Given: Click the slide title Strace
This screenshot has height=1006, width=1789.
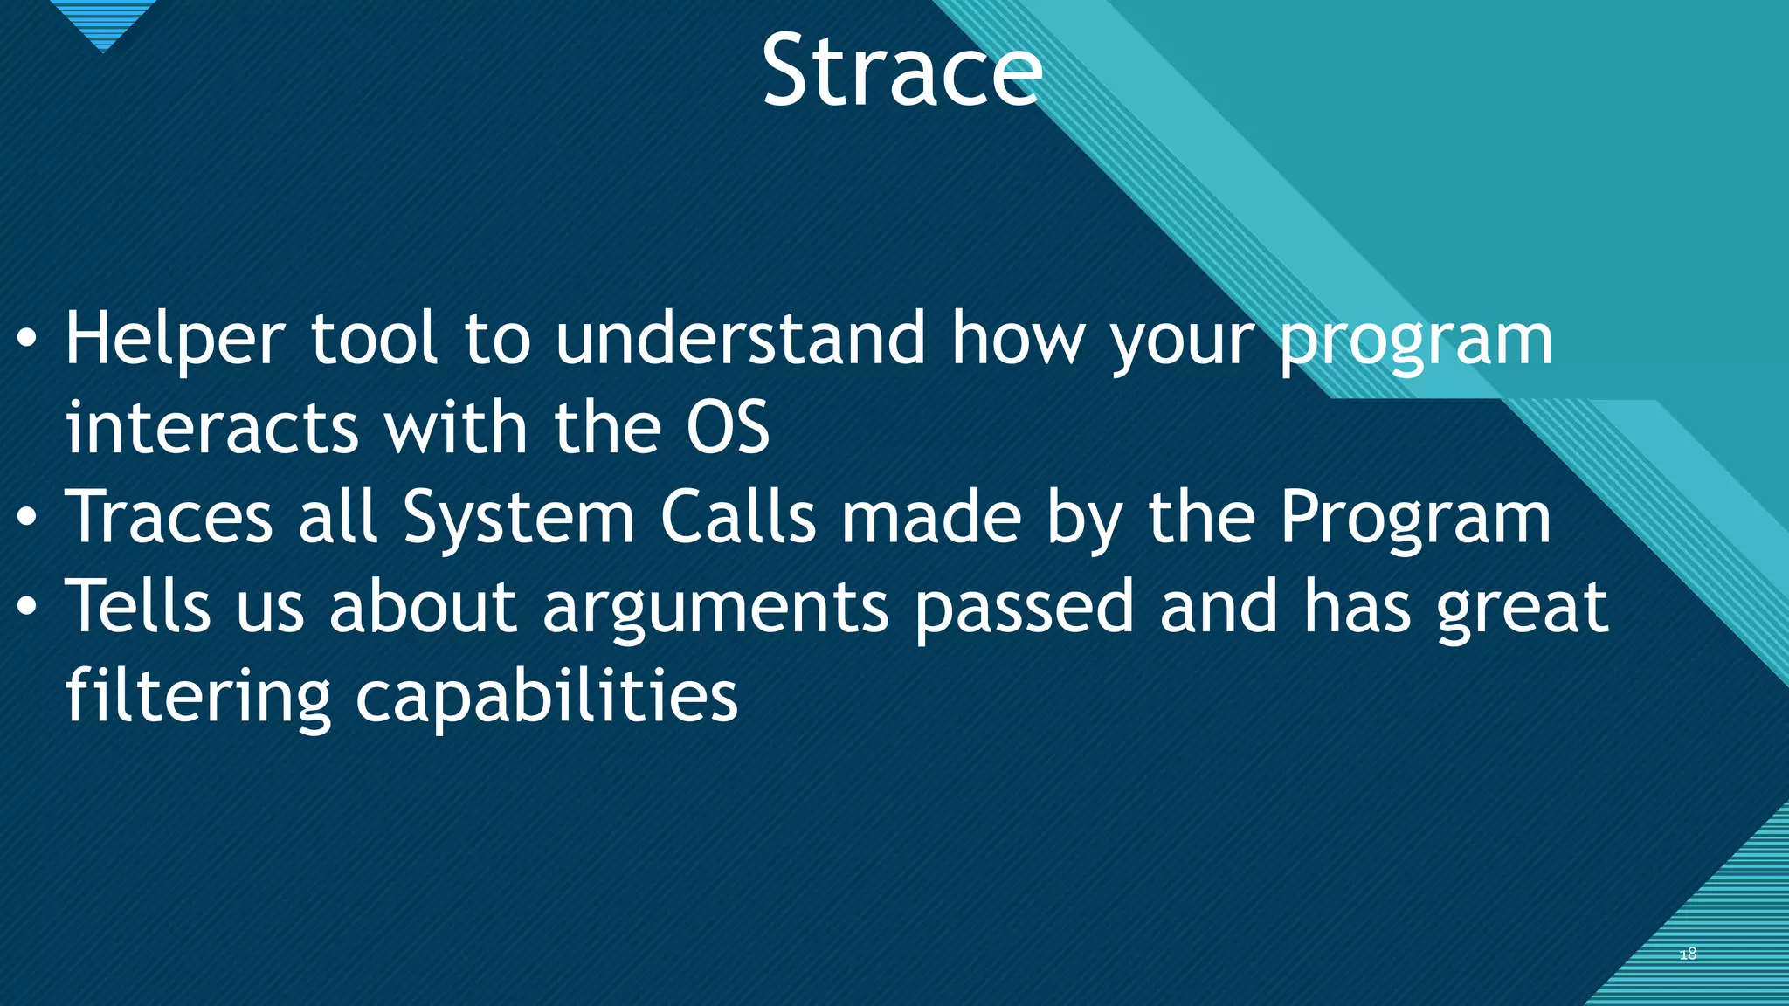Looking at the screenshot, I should click(x=901, y=72).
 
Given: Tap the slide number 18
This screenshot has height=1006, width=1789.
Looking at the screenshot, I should click(x=1688, y=954).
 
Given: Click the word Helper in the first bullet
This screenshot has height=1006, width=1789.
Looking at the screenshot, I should click(x=175, y=341).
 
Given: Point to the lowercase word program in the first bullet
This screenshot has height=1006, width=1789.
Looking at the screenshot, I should click(x=1416, y=342).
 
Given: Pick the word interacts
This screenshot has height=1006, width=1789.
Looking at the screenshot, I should click(x=212, y=428).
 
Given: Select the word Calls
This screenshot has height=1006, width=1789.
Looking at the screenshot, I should click(x=738, y=517).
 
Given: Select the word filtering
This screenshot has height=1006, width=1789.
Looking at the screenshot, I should click(x=198, y=697).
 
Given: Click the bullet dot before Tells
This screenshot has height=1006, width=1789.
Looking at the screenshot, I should click(x=27, y=607).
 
